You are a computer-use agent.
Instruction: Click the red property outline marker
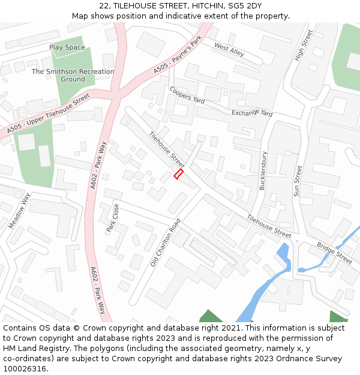click(178, 174)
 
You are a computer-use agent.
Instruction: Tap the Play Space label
click(67, 47)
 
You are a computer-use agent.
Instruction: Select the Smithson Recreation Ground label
click(73, 75)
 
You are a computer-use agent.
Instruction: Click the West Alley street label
click(229, 50)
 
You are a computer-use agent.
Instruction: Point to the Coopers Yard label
click(187, 95)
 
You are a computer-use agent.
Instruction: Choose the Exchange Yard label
click(252, 112)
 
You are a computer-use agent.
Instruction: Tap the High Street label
click(304, 46)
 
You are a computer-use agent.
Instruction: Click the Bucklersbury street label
click(263, 170)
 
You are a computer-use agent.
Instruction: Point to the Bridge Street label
click(335, 253)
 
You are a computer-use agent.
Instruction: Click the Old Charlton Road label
click(166, 243)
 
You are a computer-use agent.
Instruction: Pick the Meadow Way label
click(19, 211)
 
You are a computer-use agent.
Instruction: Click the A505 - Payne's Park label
click(179, 58)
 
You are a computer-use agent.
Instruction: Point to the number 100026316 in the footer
click(25, 368)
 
